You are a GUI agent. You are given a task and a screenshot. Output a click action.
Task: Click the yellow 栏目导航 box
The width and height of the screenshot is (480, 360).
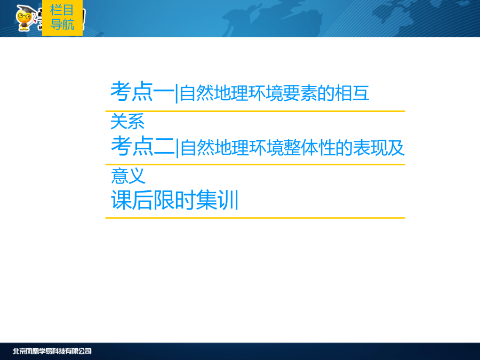click(x=62, y=18)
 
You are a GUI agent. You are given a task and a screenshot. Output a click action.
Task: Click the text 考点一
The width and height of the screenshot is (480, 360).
click(x=142, y=92)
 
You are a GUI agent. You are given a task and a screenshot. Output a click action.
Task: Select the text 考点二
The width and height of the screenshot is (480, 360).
click(x=143, y=146)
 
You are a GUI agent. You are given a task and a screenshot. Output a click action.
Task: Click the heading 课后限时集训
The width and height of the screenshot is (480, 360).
click(x=175, y=200)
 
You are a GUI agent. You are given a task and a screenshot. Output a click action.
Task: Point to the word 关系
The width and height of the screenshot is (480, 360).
click(x=127, y=121)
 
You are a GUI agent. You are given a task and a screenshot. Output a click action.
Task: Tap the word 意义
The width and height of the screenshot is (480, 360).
click(x=128, y=175)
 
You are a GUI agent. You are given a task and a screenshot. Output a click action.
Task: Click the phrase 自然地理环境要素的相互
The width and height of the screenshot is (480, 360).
click(x=274, y=93)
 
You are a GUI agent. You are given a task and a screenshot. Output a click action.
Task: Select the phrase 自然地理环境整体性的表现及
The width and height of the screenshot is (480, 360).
click(x=292, y=148)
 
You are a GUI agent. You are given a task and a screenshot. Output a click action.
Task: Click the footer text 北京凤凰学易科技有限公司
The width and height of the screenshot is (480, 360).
click(x=52, y=351)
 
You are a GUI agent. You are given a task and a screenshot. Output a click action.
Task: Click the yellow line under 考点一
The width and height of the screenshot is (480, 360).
click(x=255, y=111)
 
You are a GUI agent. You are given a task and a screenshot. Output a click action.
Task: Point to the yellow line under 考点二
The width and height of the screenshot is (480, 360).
click(x=255, y=164)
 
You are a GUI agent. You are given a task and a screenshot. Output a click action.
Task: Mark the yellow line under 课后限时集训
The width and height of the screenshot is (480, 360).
click(x=255, y=218)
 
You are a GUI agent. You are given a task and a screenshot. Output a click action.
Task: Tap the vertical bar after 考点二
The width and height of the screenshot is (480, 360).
click(x=178, y=148)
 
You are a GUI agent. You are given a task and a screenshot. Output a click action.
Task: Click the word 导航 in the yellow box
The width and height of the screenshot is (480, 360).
click(x=62, y=25)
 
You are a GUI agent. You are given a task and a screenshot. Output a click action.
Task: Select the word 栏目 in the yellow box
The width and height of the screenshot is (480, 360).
click(x=62, y=10)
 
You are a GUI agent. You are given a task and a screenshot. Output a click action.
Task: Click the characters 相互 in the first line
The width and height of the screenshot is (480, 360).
click(x=352, y=93)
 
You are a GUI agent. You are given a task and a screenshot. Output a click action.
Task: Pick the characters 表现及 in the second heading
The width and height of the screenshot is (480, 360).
click(x=379, y=148)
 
